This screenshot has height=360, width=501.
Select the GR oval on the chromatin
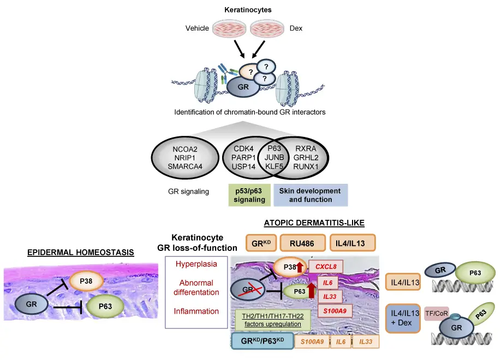(x=243, y=87)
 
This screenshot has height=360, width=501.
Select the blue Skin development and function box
(x=310, y=195)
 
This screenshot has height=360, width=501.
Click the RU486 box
(x=302, y=242)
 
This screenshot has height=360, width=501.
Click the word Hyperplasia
(x=195, y=264)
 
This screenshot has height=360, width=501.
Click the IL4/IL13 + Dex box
(x=402, y=317)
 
